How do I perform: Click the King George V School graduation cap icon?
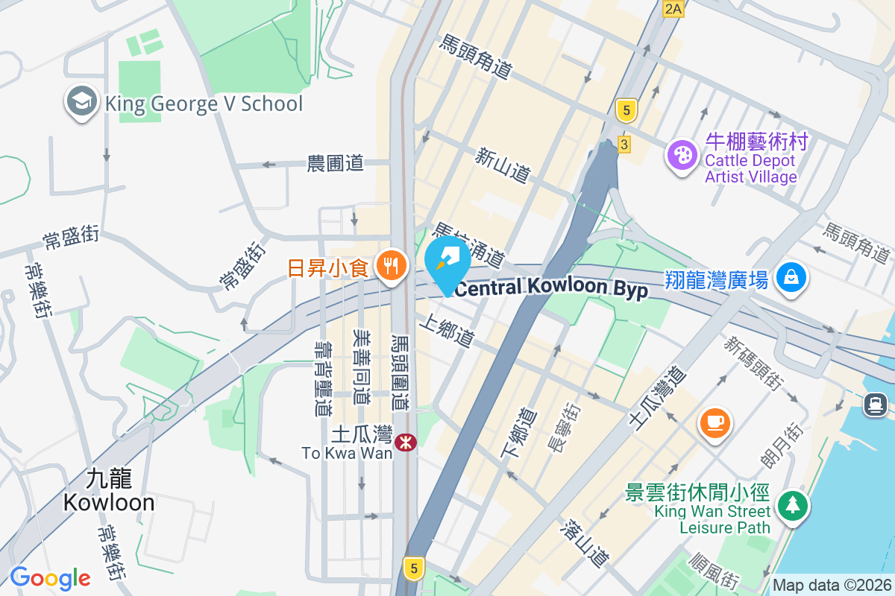pyautogui.click(x=82, y=102)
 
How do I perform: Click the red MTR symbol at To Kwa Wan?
pyautogui.click(x=406, y=443)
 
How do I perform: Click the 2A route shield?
pyautogui.click(x=673, y=9)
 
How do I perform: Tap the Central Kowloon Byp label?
pyautogui.click(x=551, y=288)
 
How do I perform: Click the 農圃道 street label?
pyautogui.click(x=336, y=162)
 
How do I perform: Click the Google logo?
pyautogui.click(x=50, y=577)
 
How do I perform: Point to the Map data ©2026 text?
pyautogui.click(x=832, y=586)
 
